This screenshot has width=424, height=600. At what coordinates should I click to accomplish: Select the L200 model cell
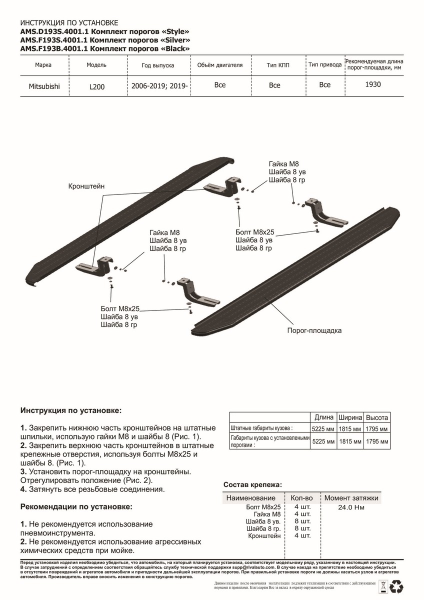tap(97, 86)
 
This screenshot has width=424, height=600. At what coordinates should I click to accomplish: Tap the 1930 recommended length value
tap(373, 84)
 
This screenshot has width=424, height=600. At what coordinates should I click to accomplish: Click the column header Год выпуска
tap(157, 65)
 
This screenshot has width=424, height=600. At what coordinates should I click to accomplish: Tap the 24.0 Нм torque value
tap(351, 507)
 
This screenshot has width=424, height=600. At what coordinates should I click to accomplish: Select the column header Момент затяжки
tap(351, 498)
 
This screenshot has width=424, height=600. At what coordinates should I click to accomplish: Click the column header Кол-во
tap(301, 498)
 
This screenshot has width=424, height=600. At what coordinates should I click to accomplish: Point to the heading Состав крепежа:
tap(252, 484)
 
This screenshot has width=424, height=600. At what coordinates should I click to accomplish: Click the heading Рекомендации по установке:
tap(76, 506)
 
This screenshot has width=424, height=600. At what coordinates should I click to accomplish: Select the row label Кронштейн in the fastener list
tap(264, 535)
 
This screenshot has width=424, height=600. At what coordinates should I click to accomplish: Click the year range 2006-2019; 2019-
tap(159, 85)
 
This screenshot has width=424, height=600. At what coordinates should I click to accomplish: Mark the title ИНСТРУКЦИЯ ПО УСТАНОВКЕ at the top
tap(69, 23)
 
